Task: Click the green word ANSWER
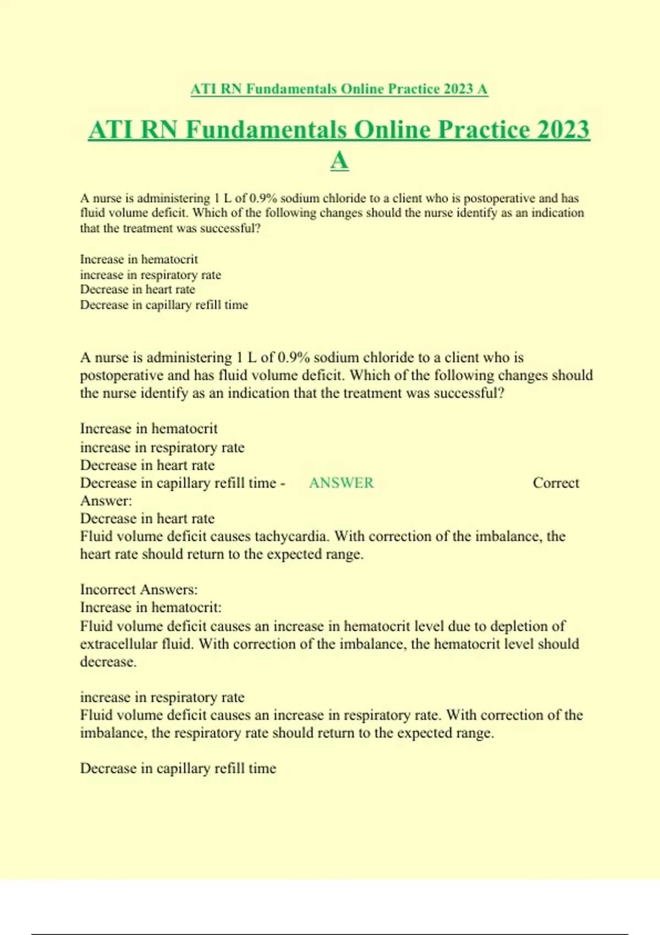point(341,483)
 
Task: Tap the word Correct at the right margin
point(555,483)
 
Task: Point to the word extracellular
point(119,644)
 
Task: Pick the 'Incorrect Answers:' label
point(139,590)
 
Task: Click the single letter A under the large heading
point(339,161)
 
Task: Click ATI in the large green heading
point(111,130)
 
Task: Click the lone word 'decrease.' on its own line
point(108,662)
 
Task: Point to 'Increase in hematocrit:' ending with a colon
point(151,608)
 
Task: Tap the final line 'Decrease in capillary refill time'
point(178,768)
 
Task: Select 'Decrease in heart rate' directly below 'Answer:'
point(147,519)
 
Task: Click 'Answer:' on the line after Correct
point(106,501)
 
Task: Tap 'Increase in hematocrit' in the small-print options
point(139,259)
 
